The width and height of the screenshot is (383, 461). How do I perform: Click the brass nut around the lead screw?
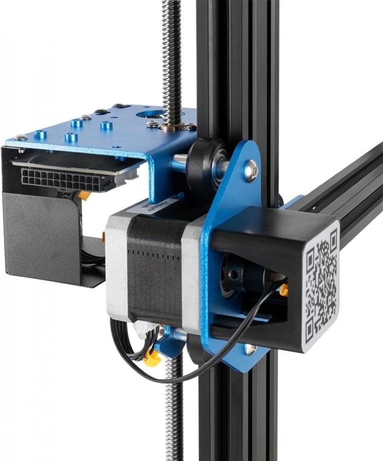pyautogui.click(x=173, y=125)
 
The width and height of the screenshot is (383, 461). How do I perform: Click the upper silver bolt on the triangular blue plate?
pyautogui.click(x=251, y=171)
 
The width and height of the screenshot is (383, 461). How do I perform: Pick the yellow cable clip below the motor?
pyautogui.click(x=152, y=357)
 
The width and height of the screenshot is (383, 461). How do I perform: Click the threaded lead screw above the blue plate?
pyautogui.click(x=171, y=55)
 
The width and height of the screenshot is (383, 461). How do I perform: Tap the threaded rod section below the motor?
pyautogui.click(x=174, y=406)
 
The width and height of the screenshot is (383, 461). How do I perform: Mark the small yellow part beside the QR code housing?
pyautogui.click(x=284, y=290)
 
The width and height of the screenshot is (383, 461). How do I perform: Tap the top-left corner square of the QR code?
pyautogui.click(x=311, y=253)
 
